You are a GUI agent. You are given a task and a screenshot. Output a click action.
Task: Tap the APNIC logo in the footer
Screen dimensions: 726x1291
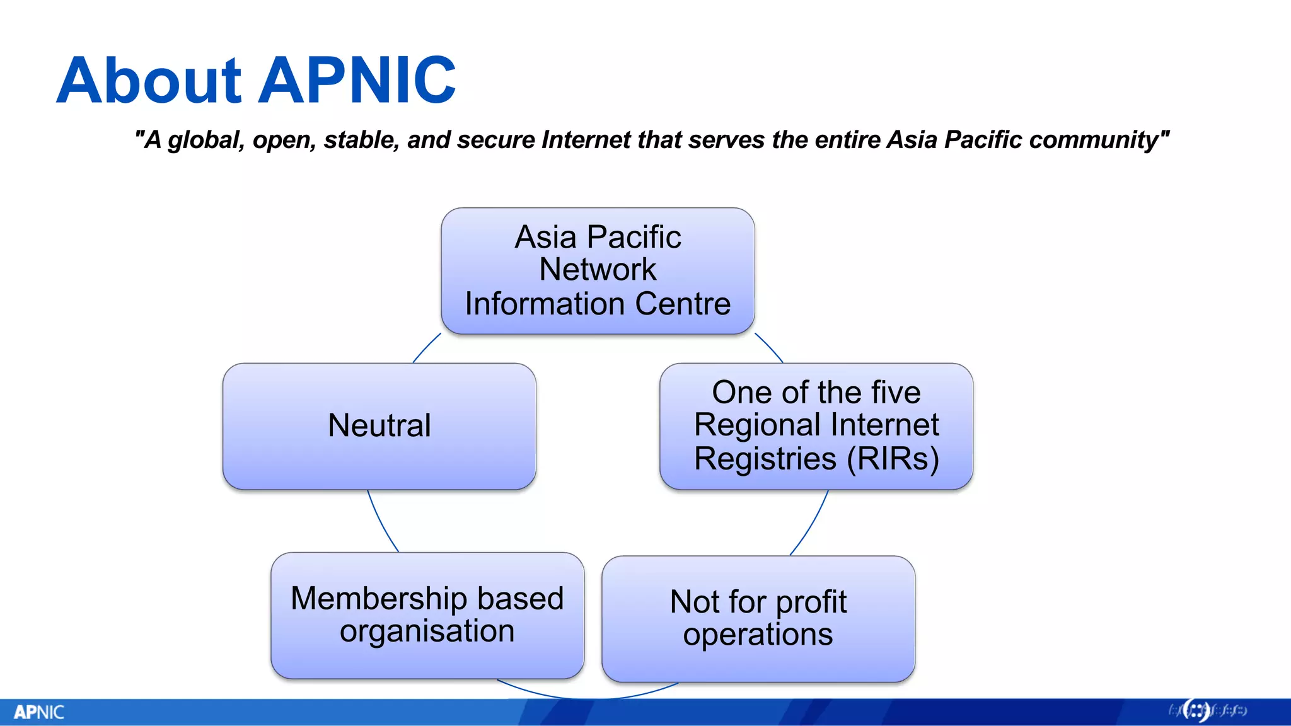point(39,712)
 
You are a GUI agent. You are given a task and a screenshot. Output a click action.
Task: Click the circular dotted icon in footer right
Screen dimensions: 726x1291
point(1196,711)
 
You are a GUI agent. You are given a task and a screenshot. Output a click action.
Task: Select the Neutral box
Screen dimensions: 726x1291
point(379,426)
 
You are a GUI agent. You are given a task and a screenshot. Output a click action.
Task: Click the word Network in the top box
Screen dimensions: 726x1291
point(598,270)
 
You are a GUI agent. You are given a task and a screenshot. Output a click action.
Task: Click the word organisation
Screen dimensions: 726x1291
point(427,631)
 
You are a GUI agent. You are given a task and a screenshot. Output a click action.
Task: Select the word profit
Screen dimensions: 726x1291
point(811,602)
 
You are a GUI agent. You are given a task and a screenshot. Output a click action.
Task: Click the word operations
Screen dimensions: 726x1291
point(758,635)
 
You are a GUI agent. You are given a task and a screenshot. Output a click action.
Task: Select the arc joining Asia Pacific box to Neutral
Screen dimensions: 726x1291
point(426,347)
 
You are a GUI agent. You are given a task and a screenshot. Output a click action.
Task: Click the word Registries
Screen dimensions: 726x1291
point(765,459)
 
